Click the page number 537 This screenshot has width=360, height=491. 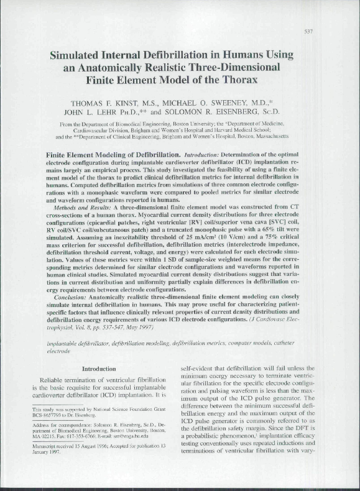pyautogui.click(x=343, y=31)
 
